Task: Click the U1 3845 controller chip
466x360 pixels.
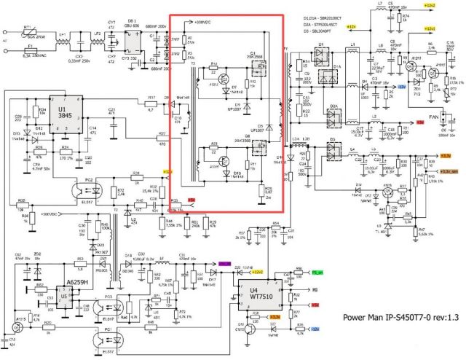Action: click(65, 114)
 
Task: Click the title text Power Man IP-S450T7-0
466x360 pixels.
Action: click(394, 318)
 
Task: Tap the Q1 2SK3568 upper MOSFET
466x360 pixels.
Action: click(256, 71)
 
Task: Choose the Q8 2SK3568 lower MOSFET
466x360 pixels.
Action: click(255, 150)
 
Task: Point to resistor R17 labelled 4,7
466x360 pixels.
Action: click(152, 101)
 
